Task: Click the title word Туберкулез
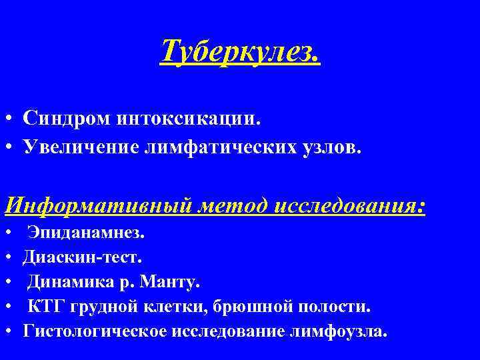coord(240,51)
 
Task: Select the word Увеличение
coord(77,146)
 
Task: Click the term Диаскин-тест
coord(82,257)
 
